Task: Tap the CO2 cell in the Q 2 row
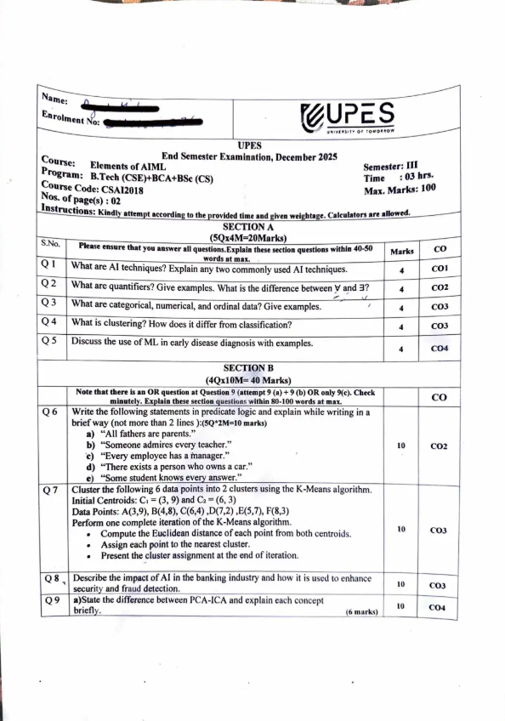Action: tap(440, 288)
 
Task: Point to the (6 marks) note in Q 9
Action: tap(361, 611)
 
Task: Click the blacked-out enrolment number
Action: tap(153, 124)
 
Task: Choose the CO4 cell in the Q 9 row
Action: tap(440, 607)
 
